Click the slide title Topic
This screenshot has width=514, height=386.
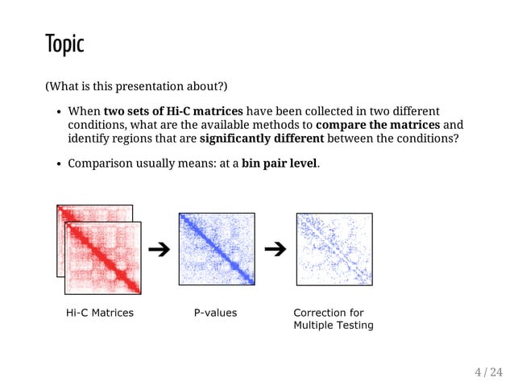(x=64, y=44)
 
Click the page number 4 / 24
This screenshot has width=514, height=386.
(x=487, y=371)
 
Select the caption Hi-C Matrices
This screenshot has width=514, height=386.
(x=99, y=313)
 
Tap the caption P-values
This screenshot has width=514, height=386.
(x=215, y=313)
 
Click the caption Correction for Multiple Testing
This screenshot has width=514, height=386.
(x=333, y=319)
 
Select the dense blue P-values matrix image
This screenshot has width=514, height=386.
(x=217, y=248)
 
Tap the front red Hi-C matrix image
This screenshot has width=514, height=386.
(x=103, y=258)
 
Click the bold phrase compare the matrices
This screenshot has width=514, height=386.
(x=378, y=124)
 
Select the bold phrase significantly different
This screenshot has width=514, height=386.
(x=261, y=138)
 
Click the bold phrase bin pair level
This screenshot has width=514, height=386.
(x=279, y=164)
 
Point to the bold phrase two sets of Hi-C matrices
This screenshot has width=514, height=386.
(x=173, y=110)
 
